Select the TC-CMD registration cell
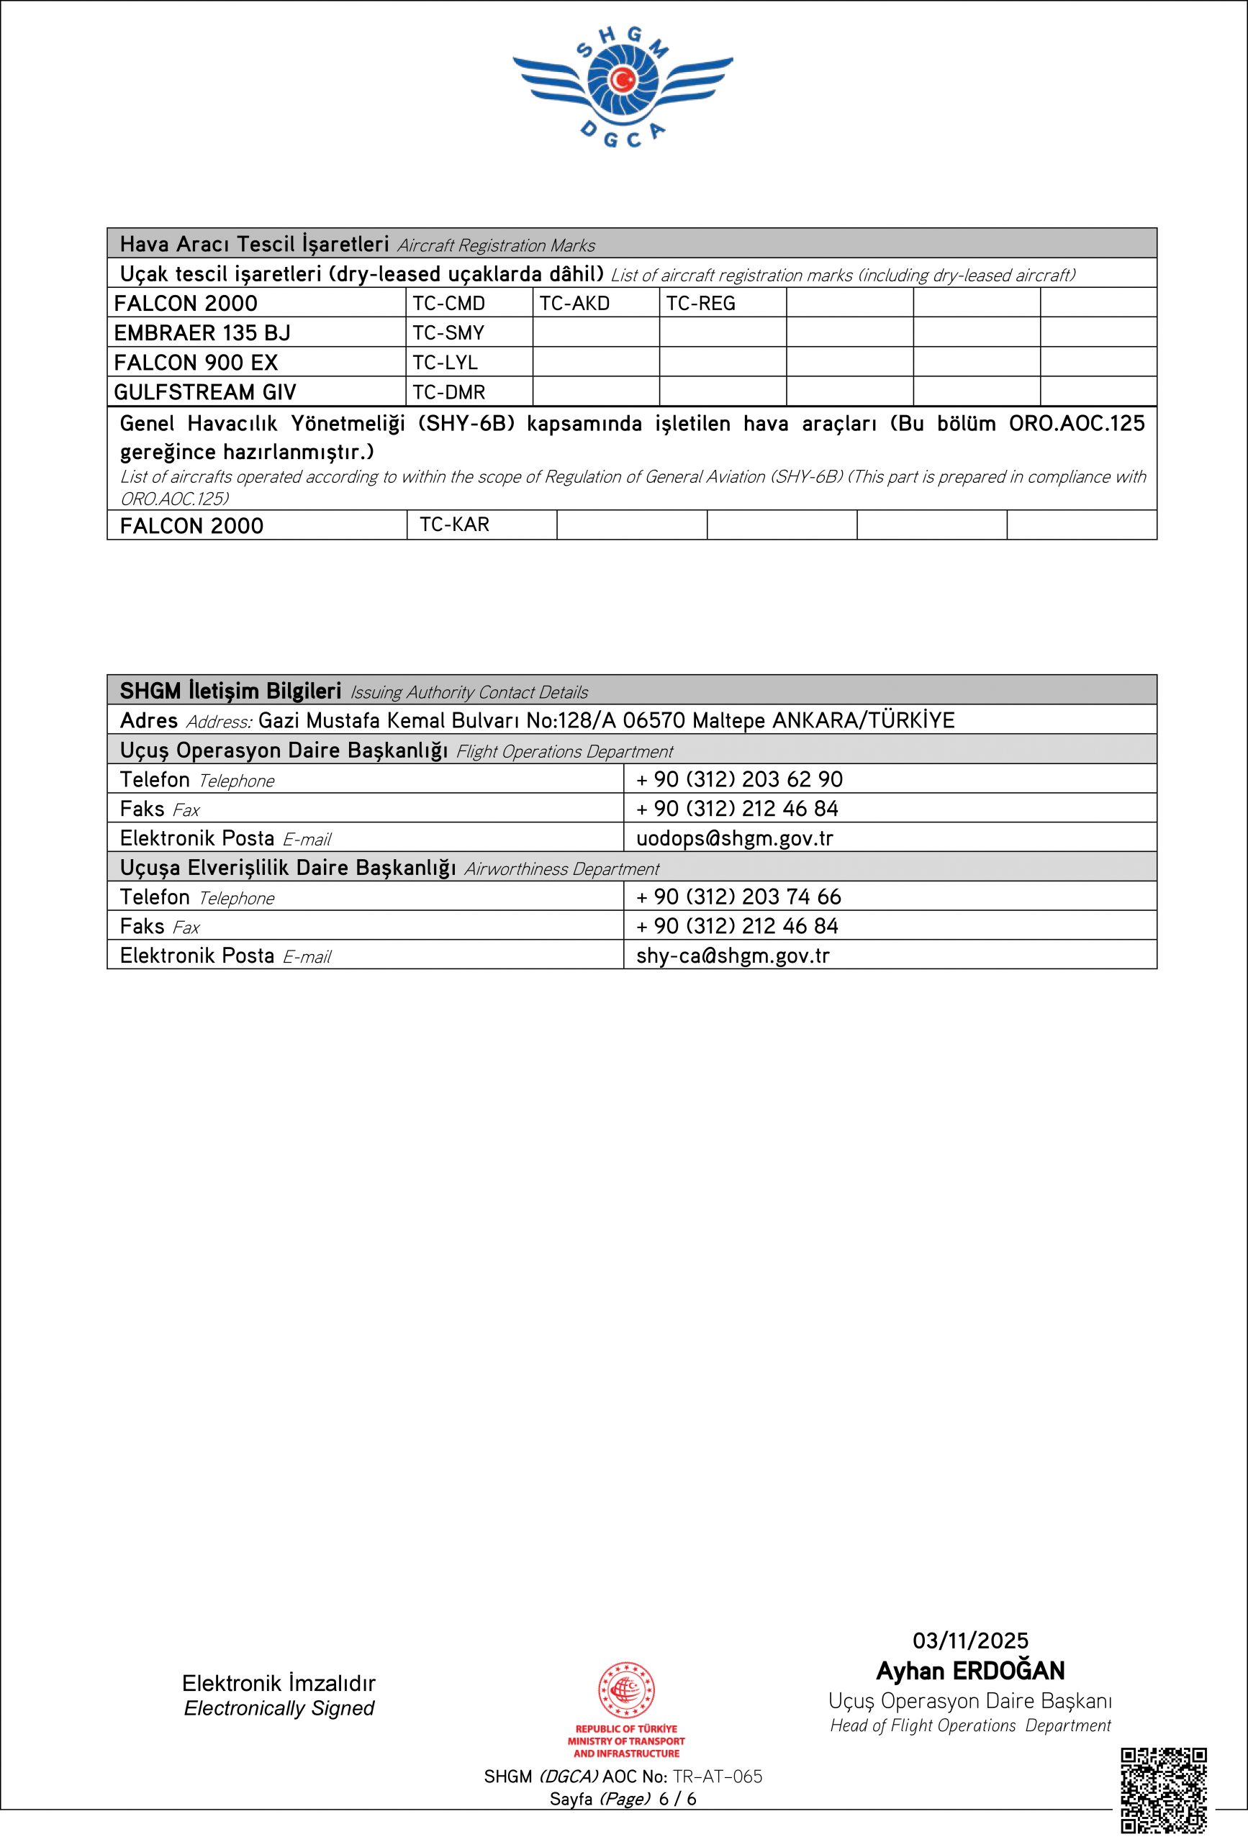[449, 304]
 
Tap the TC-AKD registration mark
[574, 304]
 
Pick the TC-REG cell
[700, 304]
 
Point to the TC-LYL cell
[445, 363]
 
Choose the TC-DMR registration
[449, 392]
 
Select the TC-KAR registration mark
[454, 525]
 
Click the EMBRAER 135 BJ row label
[202, 333]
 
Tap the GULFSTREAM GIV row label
[204, 392]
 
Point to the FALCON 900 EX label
[196, 363]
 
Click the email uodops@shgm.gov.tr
[734, 838]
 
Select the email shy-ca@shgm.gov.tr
[733, 956]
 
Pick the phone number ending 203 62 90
[739, 780]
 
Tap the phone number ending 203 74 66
[738, 897]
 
